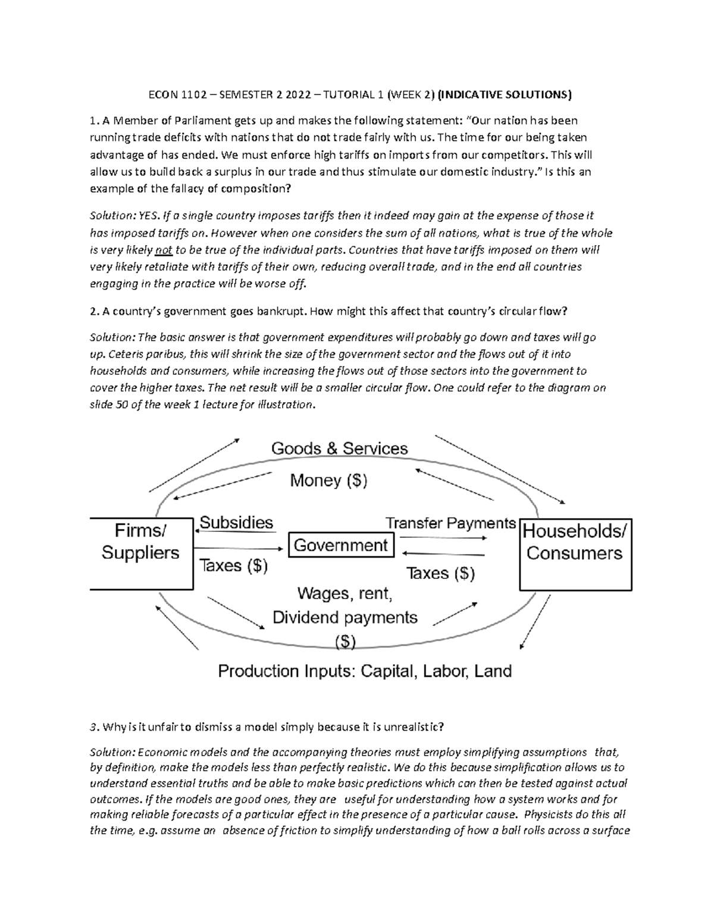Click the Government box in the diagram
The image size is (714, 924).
click(341, 545)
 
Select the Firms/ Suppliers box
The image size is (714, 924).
click(141, 553)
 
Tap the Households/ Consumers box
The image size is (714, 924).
click(575, 554)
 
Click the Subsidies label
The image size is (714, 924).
click(236, 522)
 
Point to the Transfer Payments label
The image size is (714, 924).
click(450, 523)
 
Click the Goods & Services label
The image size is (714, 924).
click(339, 448)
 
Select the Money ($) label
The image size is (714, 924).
click(328, 480)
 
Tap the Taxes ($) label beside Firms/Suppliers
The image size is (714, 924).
click(233, 565)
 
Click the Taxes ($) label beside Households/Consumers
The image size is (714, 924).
click(440, 573)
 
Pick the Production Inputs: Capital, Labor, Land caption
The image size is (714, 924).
click(365, 671)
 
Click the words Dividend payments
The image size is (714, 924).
click(345, 618)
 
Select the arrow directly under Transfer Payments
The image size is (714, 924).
click(443, 538)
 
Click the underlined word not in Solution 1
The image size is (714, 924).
click(163, 250)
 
